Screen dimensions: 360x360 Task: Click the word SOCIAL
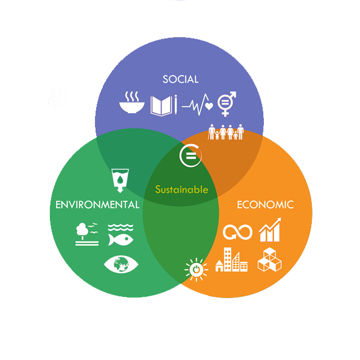180,79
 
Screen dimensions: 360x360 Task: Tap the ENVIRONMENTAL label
97,204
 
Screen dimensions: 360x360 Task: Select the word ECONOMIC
265,204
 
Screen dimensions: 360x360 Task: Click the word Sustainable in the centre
182,190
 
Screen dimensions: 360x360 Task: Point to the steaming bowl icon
132,102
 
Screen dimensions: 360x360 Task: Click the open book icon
161,106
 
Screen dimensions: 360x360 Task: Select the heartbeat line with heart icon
198,105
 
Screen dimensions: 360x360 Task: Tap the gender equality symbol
227,104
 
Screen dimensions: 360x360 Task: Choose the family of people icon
226,132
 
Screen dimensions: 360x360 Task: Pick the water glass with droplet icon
120,181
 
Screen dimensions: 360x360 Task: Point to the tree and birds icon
87,234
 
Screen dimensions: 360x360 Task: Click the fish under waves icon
121,235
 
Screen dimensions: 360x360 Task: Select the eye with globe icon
121,264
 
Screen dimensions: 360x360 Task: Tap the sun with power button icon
197,269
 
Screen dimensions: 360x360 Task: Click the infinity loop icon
237,232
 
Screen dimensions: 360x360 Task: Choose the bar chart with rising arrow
270,230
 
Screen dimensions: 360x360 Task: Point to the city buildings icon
231,260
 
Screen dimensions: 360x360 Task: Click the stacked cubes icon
270,260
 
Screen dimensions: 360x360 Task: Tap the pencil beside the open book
175,105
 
